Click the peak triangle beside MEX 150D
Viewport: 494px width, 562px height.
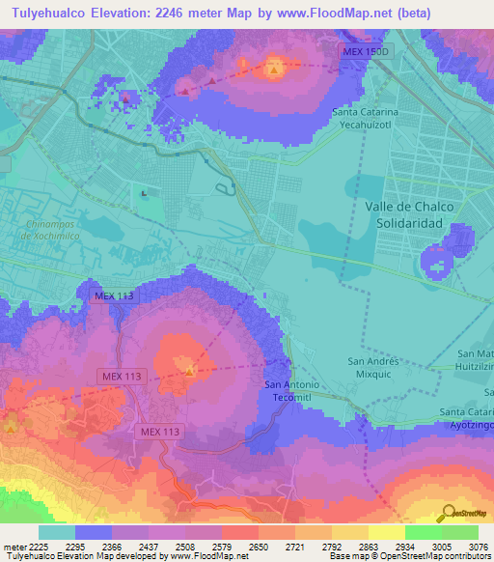pyautogui.click(x=275, y=69)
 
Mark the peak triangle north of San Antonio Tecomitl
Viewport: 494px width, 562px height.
pyautogui.click(x=190, y=368)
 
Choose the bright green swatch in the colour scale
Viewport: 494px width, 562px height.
pyautogui.click(x=424, y=532)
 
